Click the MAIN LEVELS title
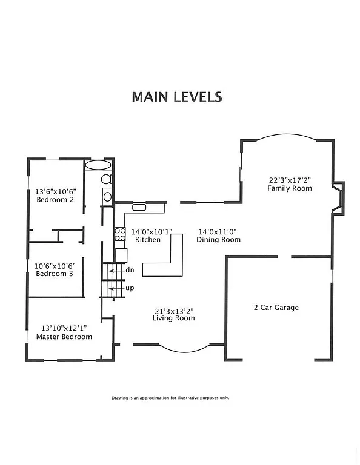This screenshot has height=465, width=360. click(x=177, y=97)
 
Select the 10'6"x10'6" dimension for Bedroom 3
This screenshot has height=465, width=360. click(x=54, y=265)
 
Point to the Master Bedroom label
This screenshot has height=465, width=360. click(x=64, y=337)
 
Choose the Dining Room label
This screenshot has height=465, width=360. click(x=218, y=240)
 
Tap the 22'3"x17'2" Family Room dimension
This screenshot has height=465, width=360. click(x=289, y=180)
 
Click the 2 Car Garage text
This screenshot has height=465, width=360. click(x=276, y=308)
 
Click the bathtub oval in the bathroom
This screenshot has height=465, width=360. click(x=98, y=165)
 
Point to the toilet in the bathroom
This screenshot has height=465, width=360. click(x=105, y=179)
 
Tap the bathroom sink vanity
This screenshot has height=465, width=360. click(x=107, y=196)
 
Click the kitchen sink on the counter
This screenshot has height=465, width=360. click(x=139, y=208)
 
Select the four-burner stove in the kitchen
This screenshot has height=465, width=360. click(x=120, y=234)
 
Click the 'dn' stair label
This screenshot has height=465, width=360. click(x=130, y=270)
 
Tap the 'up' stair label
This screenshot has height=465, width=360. click(x=130, y=288)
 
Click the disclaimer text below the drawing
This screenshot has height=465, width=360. click(x=170, y=398)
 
